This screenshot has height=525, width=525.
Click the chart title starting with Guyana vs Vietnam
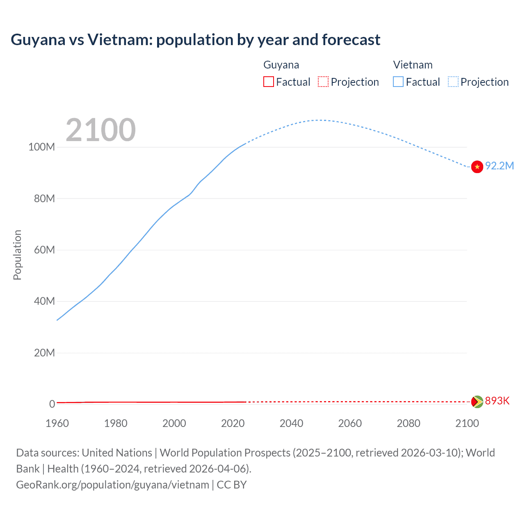click(195, 40)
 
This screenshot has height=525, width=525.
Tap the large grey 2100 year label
click(100, 130)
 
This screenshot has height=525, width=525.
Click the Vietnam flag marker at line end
click(477, 167)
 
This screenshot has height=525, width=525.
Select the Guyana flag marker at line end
click(477, 402)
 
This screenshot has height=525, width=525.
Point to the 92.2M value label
click(499, 166)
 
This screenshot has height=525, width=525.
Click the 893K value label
click(497, 401)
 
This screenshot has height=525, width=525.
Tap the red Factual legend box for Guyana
click(269, 82)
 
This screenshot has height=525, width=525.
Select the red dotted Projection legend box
click(323, 82)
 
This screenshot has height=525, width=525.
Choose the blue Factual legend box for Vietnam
click(398, 82)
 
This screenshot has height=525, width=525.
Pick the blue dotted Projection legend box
click(453, 82)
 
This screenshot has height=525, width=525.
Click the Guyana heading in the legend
click(281, 65)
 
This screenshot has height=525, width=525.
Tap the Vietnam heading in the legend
click(413, 65)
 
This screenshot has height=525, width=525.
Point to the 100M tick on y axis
click(41, 147)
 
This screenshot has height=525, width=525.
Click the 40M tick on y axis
click(44, 301)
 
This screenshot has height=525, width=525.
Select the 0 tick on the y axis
click(52, 404)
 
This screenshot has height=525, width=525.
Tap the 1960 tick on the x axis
click(57, 423)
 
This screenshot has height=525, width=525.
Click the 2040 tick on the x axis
click(291, 423)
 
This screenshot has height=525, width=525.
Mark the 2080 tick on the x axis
click(409, 423)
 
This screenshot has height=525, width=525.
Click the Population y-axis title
click(17, 255)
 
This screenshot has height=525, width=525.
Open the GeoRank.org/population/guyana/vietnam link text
click(112, 485)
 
